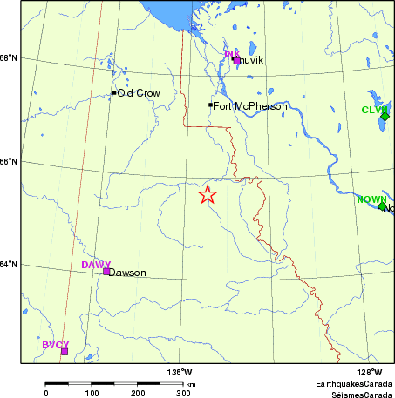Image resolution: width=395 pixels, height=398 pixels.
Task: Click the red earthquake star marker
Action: pos(208,194)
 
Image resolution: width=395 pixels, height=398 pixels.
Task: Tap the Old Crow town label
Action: pos(139,93)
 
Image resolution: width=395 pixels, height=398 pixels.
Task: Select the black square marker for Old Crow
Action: pos(114,92)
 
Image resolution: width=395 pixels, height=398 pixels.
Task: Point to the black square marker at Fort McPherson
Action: pos(210,105)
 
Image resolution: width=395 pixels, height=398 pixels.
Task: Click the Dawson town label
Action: pos(127,273)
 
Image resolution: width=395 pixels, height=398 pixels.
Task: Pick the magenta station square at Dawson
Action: pos(106,272)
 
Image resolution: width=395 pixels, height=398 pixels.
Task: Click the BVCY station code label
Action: pos(55,345)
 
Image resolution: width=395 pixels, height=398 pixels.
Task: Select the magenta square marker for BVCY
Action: pos(65,352)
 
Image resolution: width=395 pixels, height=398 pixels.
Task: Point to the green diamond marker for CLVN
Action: pos(385,117)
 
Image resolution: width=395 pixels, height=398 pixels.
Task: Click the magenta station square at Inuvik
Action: pos(236,60)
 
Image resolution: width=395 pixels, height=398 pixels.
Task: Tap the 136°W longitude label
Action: pos(180,372)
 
